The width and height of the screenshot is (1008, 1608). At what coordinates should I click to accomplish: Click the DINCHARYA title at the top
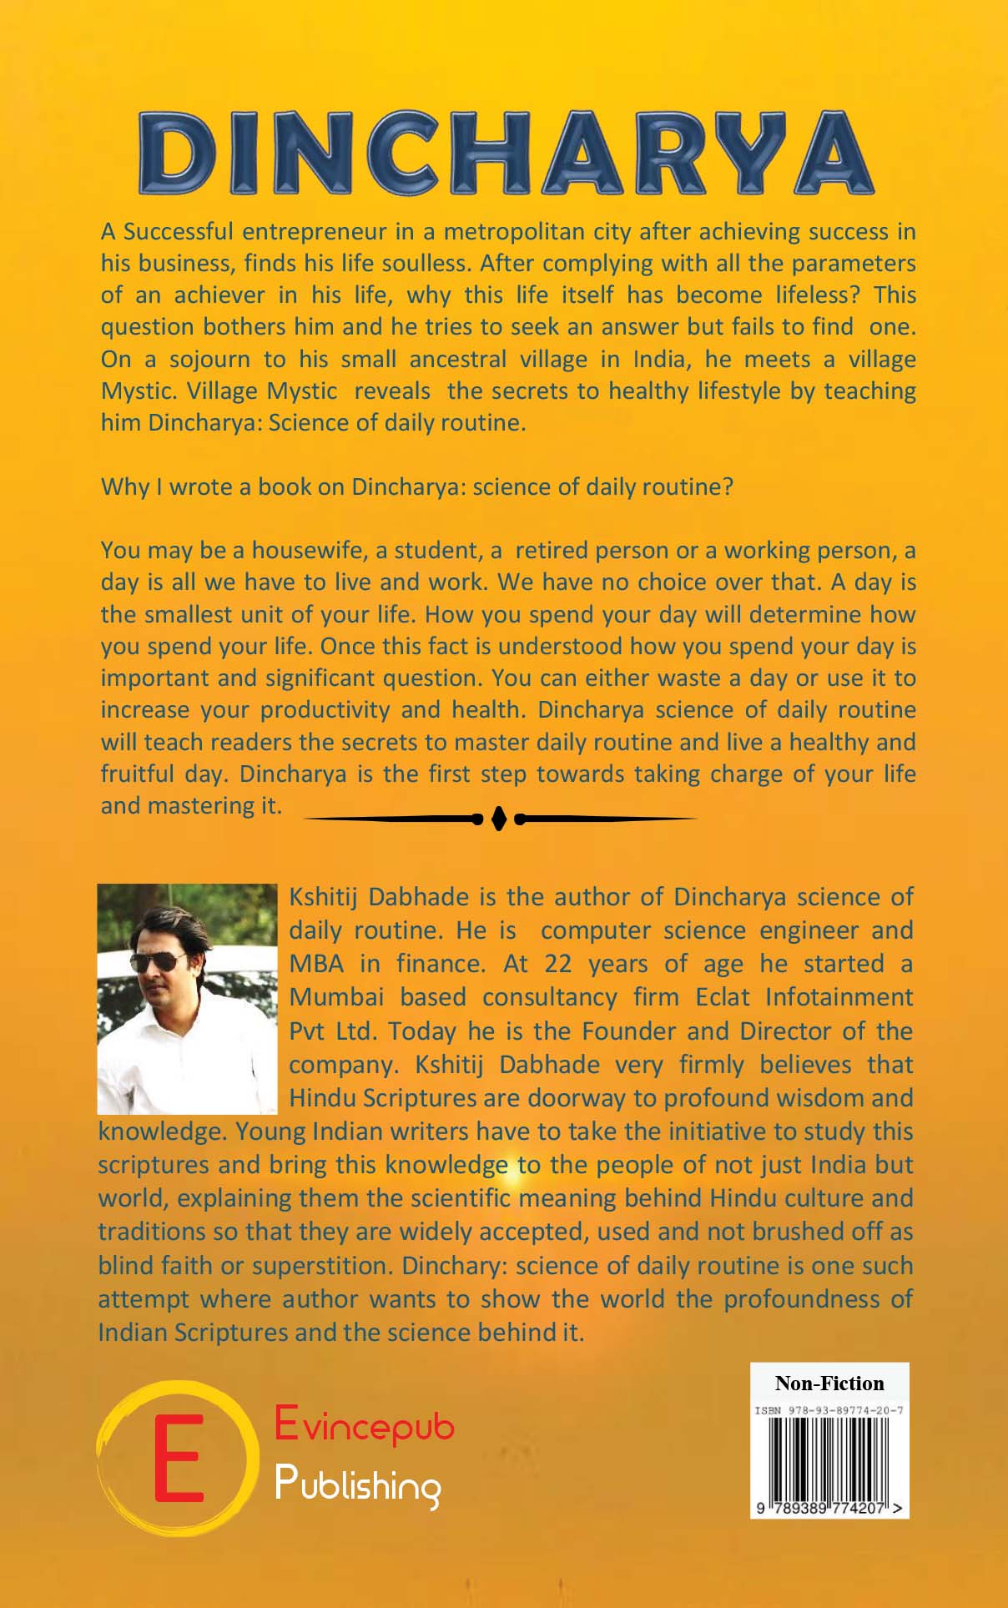[x=505, y=152]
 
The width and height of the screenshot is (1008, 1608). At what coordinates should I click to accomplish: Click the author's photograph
[x=187, y=999]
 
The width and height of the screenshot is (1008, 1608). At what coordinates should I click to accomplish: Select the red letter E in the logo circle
[x=178, y=1457]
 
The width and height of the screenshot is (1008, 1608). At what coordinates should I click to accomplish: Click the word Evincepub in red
[x=364, y=1424]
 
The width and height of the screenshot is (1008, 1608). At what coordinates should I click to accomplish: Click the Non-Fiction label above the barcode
[x=829, y=1383]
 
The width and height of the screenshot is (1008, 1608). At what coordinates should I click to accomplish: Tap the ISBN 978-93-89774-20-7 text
[x=829, y=1410]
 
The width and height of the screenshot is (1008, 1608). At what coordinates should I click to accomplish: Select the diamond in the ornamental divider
[x=499, y=819]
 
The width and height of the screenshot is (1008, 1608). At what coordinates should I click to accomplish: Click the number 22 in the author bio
[x=558, y=964]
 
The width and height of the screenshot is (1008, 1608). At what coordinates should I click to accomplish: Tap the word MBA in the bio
[x=316, y=964]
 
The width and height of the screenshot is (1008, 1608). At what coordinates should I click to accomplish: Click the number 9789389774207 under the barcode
[x=829, y=1508]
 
